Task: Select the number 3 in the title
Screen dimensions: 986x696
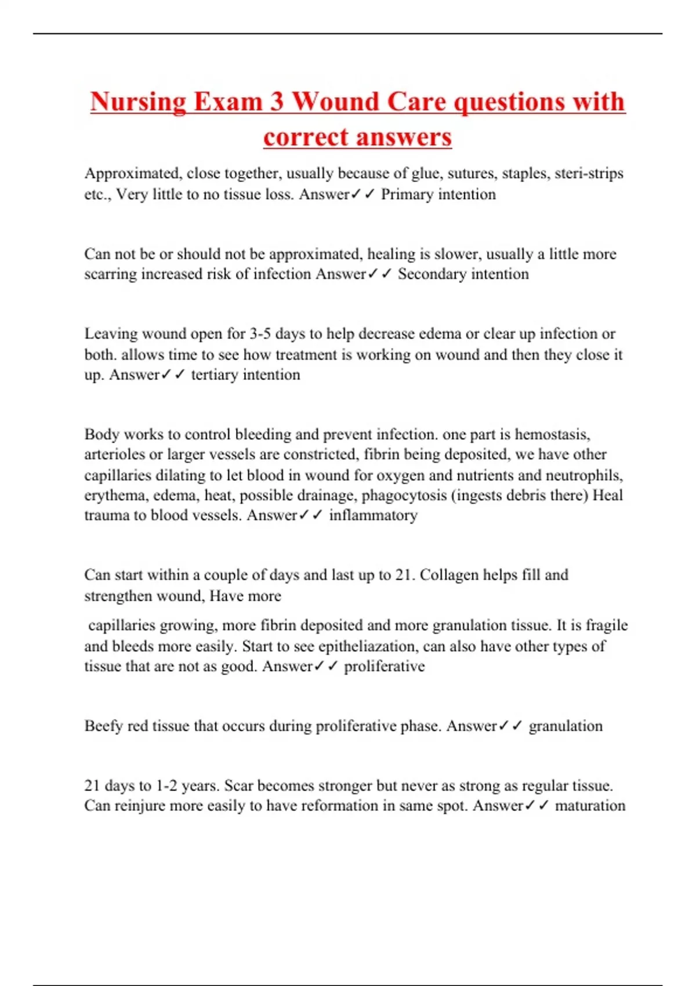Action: click(276, 102)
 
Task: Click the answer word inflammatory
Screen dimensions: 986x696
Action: click(373, 515)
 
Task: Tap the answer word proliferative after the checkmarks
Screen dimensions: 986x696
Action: click(384, 666)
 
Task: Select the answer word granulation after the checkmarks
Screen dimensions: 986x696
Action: click(565, 726)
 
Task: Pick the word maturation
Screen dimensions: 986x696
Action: click(590, 806)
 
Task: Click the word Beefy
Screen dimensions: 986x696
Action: click(103, 726)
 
